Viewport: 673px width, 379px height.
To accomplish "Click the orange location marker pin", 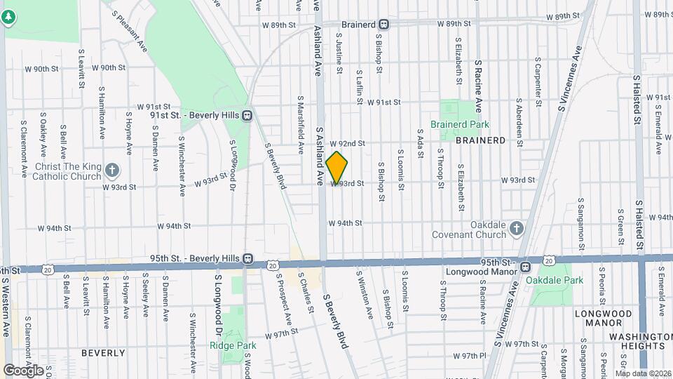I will coord(336,167).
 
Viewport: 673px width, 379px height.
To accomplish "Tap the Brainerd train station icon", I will coord(385,24).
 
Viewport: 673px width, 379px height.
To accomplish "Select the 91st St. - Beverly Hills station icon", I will coord(247,116).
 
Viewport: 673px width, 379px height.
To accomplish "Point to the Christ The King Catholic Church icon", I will coord(112,170).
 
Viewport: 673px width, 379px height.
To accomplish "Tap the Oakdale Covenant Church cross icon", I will coord(516,228).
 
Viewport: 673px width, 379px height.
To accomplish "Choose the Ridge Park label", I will coord(224,345).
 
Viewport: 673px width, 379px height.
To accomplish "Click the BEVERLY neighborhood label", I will coord(103,352).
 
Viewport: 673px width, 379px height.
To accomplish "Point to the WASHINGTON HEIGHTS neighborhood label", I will coord(637,341).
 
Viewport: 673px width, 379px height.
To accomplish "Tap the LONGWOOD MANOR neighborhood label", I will coord(599,318).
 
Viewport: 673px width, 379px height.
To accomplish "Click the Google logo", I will coord(23,370).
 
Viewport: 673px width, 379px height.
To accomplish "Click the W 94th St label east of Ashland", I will coord(345,223).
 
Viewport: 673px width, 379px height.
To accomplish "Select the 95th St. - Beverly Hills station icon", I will coord(247,258).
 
